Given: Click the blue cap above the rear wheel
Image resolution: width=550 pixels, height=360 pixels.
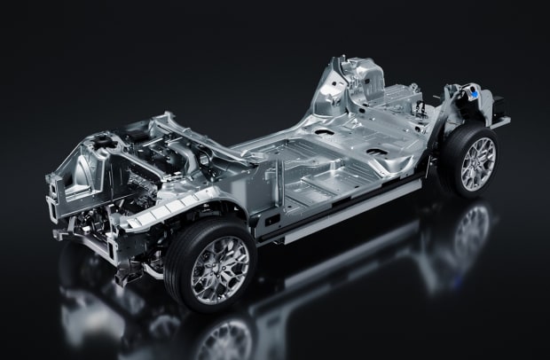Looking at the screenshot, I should click(477, 92).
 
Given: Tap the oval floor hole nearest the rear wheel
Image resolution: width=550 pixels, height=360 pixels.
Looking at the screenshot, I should click(375, 152).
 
